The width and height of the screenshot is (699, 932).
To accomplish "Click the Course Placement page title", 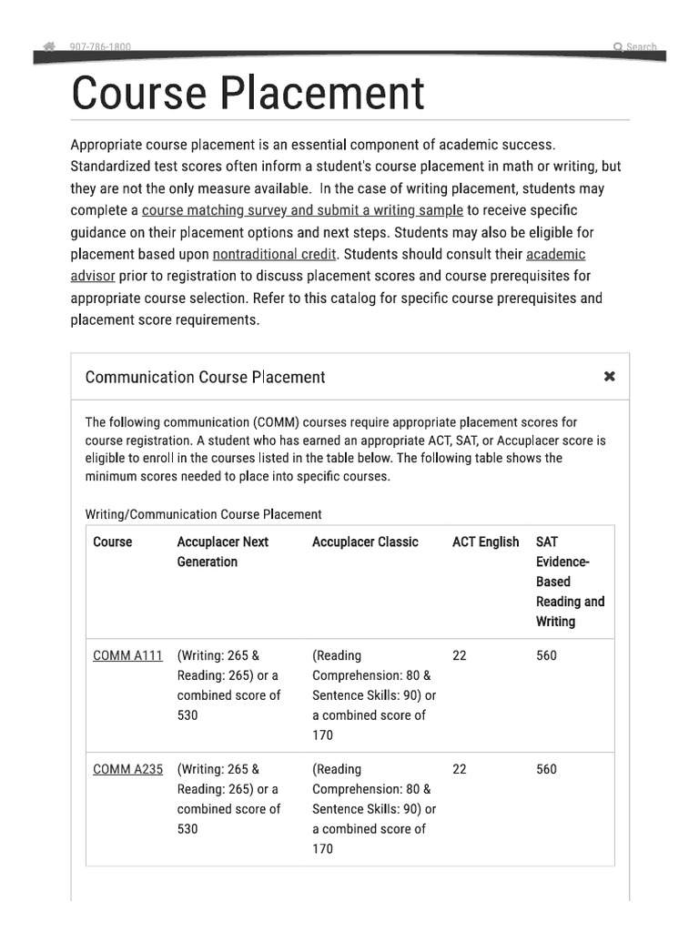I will [x=248, y=93].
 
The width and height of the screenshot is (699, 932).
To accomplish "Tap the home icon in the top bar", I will [x=49, y=46].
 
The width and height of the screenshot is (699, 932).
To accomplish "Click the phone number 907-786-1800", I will [x=100, y=46].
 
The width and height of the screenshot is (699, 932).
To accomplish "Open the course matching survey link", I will [x=302, y=210].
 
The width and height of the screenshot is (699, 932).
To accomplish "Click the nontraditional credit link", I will [x=274, y=254].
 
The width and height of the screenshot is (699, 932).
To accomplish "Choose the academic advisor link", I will [x=555, y=254].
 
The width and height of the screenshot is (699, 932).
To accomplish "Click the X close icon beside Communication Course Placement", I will [x=610, y=377].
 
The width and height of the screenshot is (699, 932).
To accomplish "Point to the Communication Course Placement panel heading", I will [x=205, y=377].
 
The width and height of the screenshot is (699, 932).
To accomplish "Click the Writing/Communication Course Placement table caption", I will [x=203, y=514].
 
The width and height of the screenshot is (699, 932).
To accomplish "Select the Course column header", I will [x=112, y=542].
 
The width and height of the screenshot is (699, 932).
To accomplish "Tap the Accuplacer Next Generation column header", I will [x=222, y=552].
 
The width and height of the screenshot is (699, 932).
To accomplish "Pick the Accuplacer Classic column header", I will [x=365, y=542].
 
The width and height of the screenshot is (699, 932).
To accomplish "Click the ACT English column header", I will [x=485, y=542].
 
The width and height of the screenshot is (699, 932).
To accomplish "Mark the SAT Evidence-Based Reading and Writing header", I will [x=570, y=581].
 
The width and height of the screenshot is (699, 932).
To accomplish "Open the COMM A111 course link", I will [x=127, y=655].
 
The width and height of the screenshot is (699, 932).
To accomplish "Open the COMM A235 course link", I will [x=127, y=769].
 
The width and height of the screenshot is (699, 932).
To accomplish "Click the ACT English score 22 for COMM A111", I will [x=459, y=655].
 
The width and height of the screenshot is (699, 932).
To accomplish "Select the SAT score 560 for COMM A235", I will [x=546, y=769].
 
